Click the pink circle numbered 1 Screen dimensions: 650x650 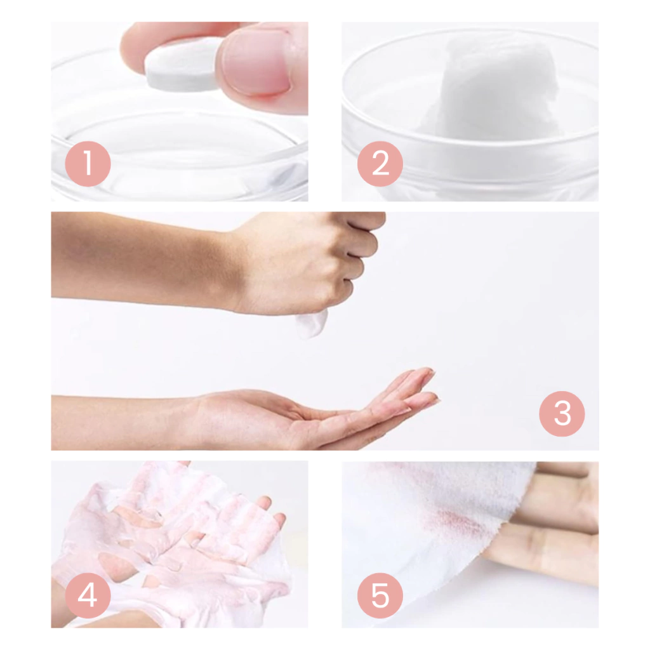click(x=88, y=164)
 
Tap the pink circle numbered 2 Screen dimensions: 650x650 click(x=380, y=164)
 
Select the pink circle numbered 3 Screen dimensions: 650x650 click(x=562, y=414)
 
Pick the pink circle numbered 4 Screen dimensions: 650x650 click(x=88, y=595)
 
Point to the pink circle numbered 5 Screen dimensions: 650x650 click(x=380, y=595)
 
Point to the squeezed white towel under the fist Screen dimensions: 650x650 click(x=311, y=323)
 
